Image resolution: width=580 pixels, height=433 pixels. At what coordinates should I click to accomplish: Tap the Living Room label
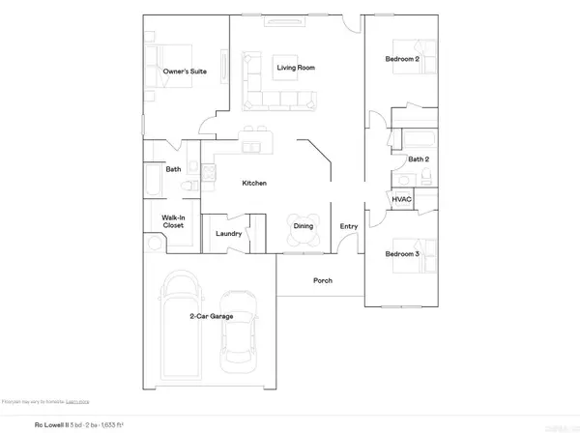click(x=297, y=68)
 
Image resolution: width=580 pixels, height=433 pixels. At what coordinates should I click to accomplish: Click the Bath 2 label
click(x=418, y=159)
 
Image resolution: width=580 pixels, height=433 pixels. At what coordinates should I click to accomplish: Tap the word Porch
click(x=322, y=281)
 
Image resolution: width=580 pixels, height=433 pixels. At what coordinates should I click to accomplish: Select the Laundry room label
click(x=228, y=234)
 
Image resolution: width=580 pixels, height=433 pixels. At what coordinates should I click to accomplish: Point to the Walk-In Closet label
click(x=173, y=221)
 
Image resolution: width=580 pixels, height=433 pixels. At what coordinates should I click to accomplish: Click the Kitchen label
click(x=254, y=183)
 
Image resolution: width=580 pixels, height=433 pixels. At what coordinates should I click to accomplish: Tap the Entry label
click(x=348, y=227)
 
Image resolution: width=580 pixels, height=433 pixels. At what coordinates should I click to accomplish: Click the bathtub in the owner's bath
click(x=155, y=182)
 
